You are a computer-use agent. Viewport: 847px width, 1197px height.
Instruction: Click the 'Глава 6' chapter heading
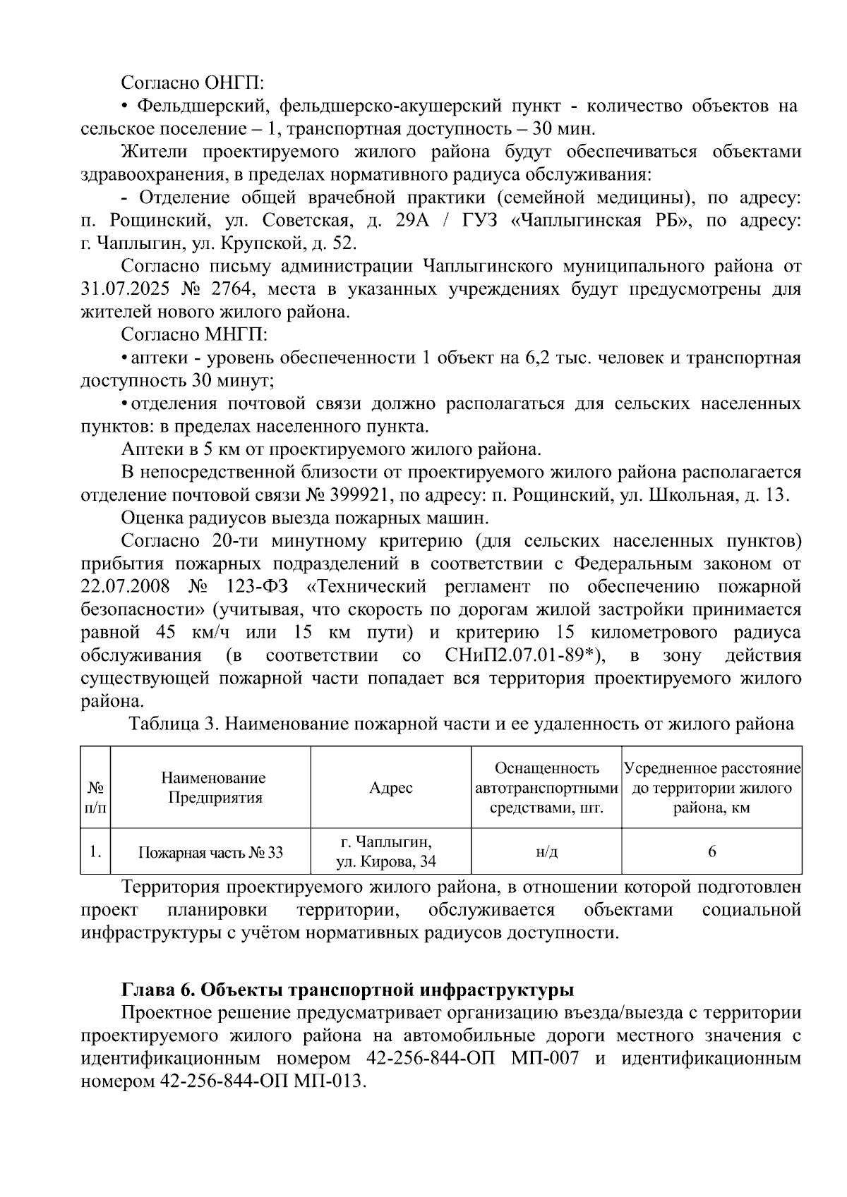point(347,990)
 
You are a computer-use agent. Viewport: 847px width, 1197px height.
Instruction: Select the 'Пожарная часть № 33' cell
point(210,852)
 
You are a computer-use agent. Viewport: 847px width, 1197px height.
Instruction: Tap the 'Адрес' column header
point(390,788)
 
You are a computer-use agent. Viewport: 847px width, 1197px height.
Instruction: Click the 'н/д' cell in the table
point(546,852)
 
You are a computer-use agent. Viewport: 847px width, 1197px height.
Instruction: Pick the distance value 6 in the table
point(711,852)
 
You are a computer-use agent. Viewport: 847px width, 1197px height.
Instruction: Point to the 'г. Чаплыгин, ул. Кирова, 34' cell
point(390,852)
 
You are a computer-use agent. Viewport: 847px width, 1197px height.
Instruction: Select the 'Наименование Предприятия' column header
point(213,788)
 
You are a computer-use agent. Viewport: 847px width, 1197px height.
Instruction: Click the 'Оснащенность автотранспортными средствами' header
point(546,788)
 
